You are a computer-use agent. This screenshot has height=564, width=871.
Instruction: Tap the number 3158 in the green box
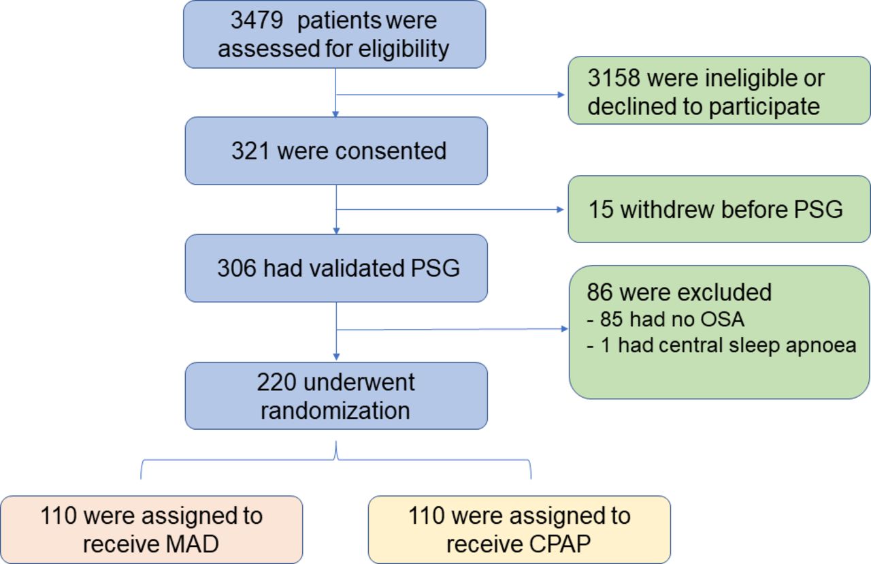613,79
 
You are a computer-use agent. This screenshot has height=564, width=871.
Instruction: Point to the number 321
251,151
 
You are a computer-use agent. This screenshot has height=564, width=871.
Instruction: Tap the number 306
237,268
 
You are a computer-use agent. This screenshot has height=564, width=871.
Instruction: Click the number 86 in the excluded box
599,292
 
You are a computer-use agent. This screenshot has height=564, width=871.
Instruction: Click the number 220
277,382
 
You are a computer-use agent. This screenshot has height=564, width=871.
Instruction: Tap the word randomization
335,411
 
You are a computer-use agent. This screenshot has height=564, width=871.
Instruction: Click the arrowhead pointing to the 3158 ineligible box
563,94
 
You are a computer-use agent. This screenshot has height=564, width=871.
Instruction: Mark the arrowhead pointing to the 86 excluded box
563,329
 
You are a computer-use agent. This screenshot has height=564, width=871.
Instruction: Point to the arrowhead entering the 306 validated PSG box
336,231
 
